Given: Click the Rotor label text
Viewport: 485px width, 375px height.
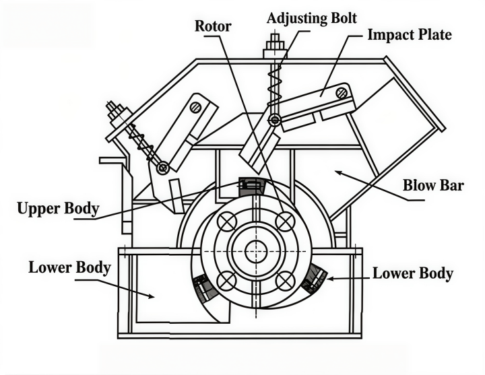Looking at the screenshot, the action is pyautogui.click(x=213, y=26).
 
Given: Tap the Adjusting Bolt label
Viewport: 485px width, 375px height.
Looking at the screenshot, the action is pyautogui.click(x=312, y=19).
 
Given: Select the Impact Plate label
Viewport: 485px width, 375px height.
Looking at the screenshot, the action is pyautogui.click(x=410, y=34).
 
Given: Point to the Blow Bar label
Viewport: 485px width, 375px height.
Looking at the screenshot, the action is pyautogui.click(x=433, y=186).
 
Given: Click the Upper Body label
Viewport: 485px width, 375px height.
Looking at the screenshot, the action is pyautogui.click(x=58, y=208).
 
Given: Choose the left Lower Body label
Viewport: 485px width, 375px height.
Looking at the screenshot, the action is pyautogui.click(x=69, y=268).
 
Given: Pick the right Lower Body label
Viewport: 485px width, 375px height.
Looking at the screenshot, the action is pyautogui.click(x=413, y=273).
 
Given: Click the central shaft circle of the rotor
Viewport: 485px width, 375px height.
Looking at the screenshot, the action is pyautogui.click(x=256, y=251).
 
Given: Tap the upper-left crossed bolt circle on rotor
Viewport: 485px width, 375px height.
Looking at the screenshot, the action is pyautogui.click(x=228, y=221).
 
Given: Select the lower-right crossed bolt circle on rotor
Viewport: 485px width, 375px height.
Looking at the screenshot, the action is pyautogui.click(x=284, y=281).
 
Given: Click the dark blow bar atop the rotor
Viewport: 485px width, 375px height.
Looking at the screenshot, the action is pyautogui.click(x=252, y=186).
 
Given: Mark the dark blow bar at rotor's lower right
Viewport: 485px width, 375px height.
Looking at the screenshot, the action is pyautogui.click(x=315, y=279).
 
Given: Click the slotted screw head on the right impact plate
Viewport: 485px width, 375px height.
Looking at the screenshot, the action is pyautogui.click(x=342, y=92).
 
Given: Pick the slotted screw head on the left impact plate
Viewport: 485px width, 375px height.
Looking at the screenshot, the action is pyautogui.click(x=196, y=108).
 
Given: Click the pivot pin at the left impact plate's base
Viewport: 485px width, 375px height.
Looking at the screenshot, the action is pyautogui.click(x=163, y=168).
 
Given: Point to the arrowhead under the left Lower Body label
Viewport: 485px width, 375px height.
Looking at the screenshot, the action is pyautogui.click(x=151, y=296).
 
